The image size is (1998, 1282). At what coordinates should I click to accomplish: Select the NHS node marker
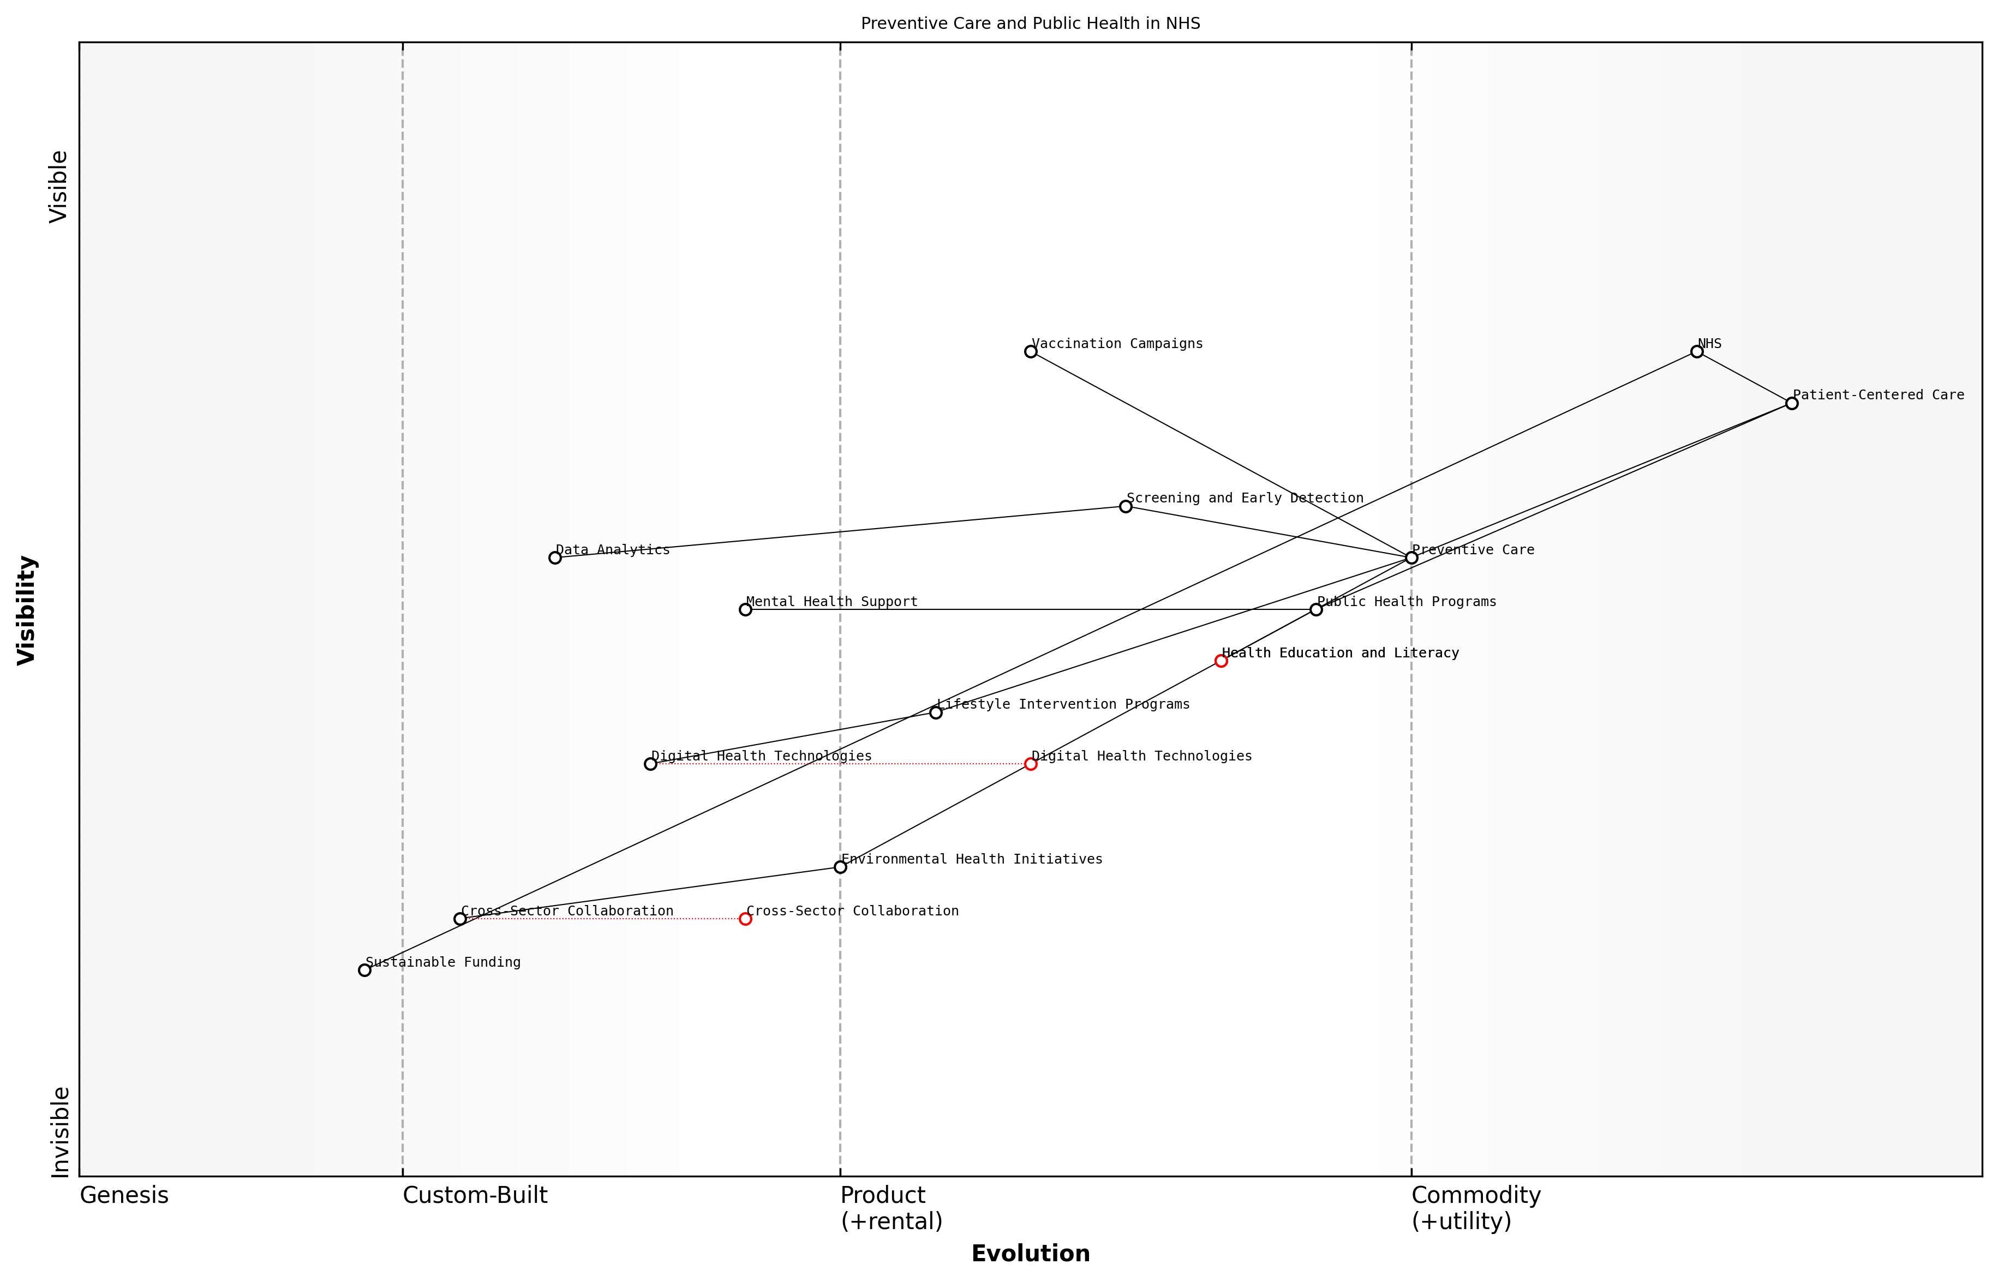[x=1697, y=351]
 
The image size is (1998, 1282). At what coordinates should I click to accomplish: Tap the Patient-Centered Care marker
[x=1792, y=403]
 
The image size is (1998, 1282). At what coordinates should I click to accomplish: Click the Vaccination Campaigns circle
[x=1031, y=351]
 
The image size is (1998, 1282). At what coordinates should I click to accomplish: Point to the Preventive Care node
[x=1411, y=558]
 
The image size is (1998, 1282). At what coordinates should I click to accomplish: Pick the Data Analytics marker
[x=555, y=558]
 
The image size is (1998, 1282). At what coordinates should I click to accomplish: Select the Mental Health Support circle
[x=745, y=609]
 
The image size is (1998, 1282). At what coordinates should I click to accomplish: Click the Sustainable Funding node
[x=364, y=970]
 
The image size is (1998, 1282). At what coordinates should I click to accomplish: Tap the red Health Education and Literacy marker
[x=1221, y=661]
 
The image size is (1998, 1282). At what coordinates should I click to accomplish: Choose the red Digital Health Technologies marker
[x=1031, y=763]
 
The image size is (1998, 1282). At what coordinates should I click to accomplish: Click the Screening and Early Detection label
[x=1245, y=498]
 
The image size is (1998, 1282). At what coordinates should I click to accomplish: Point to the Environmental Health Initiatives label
[x=972, y=859]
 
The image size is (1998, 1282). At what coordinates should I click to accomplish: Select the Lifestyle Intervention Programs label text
[x=1063, y=704]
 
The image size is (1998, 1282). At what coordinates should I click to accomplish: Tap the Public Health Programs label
[x=1406, y=601]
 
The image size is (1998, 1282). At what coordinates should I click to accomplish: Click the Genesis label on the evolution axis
[x=124, y=1195]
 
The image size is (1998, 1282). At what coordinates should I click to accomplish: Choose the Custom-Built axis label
[x=475, y=1195]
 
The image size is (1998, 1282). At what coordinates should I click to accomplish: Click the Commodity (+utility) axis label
[x=1475, y=1208]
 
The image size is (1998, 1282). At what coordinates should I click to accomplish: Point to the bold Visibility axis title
[x=27, y=609]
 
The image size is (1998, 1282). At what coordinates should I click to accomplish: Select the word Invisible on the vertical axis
[x=60, y=1132]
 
